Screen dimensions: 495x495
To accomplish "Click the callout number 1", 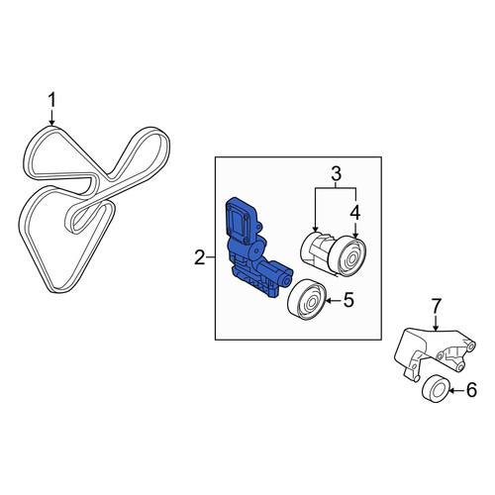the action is click(51, 100).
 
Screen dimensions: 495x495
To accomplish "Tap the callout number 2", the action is click(200, 257).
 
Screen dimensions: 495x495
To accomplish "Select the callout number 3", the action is click(336, 174).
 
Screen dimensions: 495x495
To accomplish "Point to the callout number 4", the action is click(355, 213).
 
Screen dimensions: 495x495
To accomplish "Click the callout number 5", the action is click(348, 300).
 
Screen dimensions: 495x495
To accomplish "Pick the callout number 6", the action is click(472, 390).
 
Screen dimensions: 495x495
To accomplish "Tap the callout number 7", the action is click(436, 306).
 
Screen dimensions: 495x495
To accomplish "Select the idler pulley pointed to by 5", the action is click(307, 300).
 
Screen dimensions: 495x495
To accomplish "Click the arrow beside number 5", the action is click(334, 300).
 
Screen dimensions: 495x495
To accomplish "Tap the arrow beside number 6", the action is click(456, 391).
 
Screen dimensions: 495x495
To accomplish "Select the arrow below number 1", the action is click(51, 117).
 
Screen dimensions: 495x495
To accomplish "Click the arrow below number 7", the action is click(436, 323).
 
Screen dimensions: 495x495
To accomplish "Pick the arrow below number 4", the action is click(355, 230).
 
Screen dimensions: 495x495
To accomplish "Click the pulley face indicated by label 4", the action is click(350, 256).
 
